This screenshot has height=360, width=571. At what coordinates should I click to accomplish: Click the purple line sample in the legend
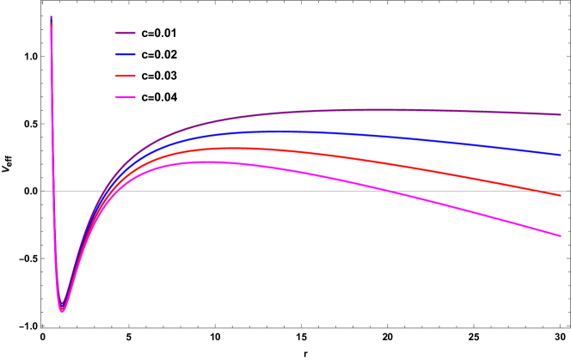[126, 33]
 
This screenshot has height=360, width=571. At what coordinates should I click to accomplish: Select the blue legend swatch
[126, 54]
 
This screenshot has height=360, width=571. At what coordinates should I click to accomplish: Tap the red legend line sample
[126, 76]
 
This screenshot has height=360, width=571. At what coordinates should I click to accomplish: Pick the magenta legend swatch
[126, 97]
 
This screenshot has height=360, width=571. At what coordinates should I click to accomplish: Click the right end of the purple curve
[561, 114]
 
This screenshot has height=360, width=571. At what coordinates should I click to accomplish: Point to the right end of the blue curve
[561, 155]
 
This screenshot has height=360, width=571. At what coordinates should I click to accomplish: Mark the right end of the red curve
[561, 196]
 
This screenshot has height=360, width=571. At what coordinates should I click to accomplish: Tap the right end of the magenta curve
[561, 235]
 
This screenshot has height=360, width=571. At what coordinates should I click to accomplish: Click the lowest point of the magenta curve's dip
[62, 311]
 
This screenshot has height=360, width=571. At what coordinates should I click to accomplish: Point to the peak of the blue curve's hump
[275, 131]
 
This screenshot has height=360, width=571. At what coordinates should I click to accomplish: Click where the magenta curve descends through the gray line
[390, 191]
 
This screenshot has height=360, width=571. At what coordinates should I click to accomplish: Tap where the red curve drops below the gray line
[539, 191]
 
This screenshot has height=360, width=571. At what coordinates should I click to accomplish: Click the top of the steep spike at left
[51, 17]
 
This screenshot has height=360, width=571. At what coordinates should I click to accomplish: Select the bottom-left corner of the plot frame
[41, 327]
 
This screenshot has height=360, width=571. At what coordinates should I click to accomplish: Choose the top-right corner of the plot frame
[569, 2]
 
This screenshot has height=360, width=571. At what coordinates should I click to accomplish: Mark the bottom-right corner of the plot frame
[569, 327]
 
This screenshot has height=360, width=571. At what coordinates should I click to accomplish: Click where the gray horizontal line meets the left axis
[41, 191]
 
